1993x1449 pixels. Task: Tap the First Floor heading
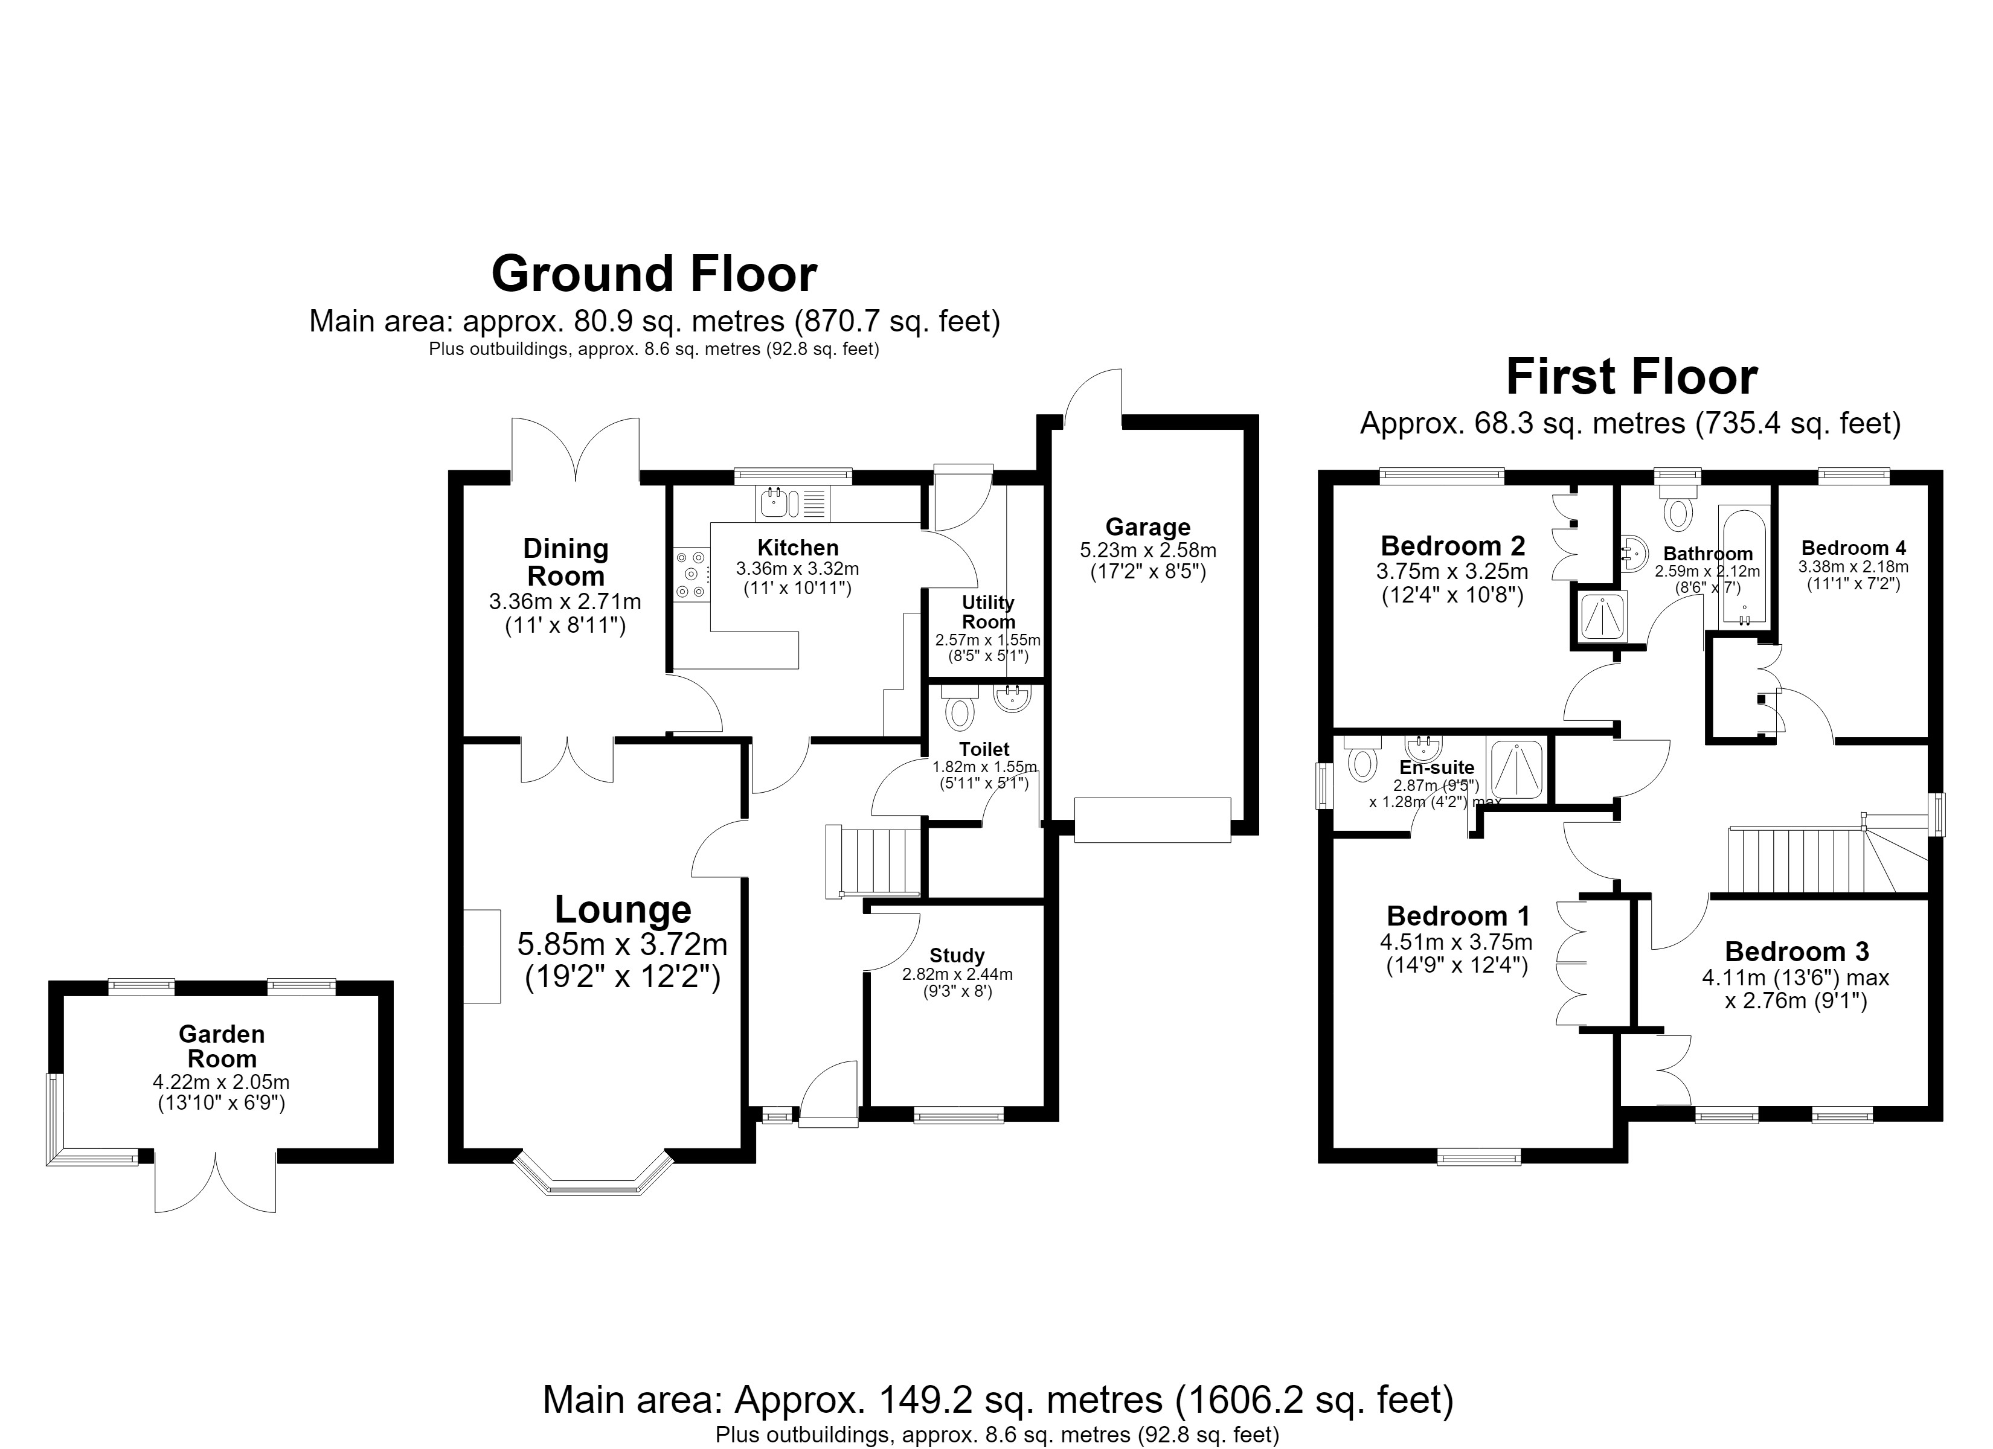coord(1632,377)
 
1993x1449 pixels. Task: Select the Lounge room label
coord(623,909)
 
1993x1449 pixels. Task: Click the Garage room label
coord(1147,527)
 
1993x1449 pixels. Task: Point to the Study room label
coord(957,955)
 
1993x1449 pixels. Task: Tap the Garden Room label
coord(222,1046)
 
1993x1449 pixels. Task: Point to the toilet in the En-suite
coord(1362,759)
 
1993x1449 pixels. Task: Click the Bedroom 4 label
coord(1854,548)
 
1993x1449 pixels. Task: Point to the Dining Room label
coord(565,562)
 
